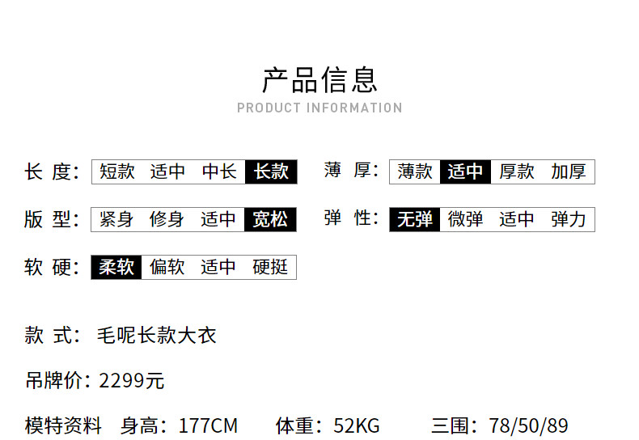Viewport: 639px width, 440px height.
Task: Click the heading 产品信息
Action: click(x=319, y=80)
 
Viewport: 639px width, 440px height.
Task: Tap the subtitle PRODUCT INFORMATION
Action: click(x=319, y=108)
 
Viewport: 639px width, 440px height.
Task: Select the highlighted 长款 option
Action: click(x=271, y=171)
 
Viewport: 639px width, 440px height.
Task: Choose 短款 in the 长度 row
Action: click(x=117, y=171)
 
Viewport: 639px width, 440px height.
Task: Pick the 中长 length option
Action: click(x=219, y=171)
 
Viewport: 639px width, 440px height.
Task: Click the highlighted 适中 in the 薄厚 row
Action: click(x=465, y=171)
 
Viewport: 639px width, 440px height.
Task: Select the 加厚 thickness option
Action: click(x=569, y=171)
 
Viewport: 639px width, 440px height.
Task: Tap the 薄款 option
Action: click(x=415, y=171)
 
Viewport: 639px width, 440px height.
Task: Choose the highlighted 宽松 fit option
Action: click(x=270, y=219)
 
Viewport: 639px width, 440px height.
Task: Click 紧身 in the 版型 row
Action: click(x=116, y=219)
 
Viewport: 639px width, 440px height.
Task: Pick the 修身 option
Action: click(x=167, y=219)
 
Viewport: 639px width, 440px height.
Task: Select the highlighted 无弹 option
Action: click(x=415, y=219)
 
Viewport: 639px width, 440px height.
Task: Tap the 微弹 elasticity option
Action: click(x=465, y=219)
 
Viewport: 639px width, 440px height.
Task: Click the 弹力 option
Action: click(x=569, y=219)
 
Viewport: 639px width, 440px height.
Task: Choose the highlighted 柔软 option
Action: click(x=116, y=267)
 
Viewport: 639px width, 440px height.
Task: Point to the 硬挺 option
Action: click(x=270, y=267)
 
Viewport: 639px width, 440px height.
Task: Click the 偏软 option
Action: click(x=167, y=267)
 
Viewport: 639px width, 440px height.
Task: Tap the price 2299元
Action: click(x=132, y=381)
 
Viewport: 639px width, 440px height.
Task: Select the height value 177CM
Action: click(x=208, y=425)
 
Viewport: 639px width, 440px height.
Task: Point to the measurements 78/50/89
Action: click(x=528, y=425)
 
